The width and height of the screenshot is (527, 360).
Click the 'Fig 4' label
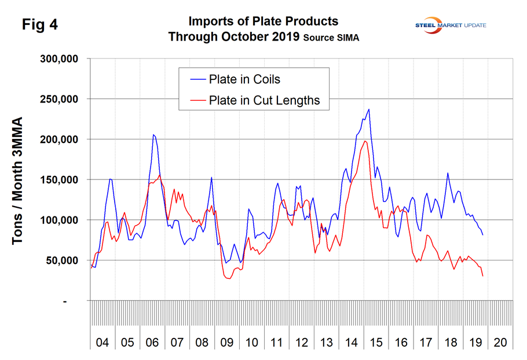(x=40, y=25)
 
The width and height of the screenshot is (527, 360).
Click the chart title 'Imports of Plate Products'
(x=263, y=21)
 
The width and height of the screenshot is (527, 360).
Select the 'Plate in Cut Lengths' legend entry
(x=265, y=100)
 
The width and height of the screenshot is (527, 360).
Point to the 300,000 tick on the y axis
(x=61, y=59)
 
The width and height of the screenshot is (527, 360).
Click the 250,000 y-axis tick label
(x=61, y=99)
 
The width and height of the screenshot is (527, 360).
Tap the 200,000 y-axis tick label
(x=61, y=139)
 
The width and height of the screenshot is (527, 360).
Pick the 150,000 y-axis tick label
(x=61, y=180)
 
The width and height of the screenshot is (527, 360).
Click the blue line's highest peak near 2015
(x=369, y=109)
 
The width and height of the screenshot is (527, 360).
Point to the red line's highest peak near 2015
(x=365, y=141)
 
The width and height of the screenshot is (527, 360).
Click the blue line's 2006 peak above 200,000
(x=153, y=135)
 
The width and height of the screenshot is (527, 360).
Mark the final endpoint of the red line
(x=483, y=276)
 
